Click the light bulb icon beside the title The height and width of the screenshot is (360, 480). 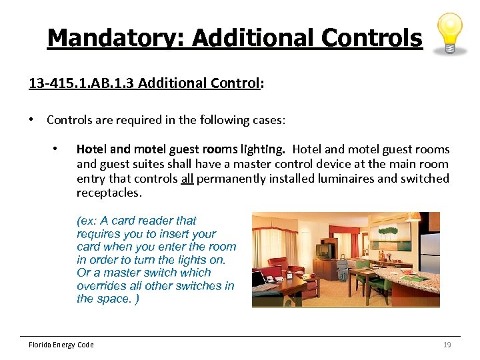click(450, 33)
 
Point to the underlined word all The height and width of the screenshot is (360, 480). click(187, 179)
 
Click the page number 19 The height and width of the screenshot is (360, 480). click(447, 345)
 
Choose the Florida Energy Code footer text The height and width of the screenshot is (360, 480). click(61, 345)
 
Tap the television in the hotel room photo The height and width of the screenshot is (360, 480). click(325, 251)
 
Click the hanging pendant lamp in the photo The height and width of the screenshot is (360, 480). click(414, 217)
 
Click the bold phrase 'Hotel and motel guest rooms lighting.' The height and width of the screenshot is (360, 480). click(181, 149)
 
